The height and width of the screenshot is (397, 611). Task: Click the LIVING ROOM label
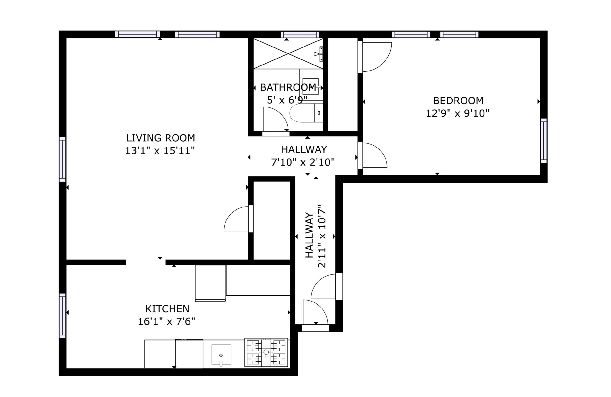161,138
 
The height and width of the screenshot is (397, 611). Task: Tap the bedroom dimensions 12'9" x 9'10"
457,113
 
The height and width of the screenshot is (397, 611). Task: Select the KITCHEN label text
167,309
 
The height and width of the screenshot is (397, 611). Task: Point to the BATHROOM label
288,87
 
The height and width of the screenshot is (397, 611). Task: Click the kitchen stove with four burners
266,352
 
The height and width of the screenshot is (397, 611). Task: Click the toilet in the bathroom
306,113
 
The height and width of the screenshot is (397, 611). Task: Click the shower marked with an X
288,54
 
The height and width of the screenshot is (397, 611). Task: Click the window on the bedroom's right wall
543,141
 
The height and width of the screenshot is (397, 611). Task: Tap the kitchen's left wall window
62,316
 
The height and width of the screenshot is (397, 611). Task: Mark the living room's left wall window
62,159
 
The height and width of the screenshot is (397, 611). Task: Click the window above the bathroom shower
300,35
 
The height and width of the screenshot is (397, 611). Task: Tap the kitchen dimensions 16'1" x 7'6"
167,321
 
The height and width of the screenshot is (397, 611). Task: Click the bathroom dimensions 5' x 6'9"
287,100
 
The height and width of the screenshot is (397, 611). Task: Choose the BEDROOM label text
458,101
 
